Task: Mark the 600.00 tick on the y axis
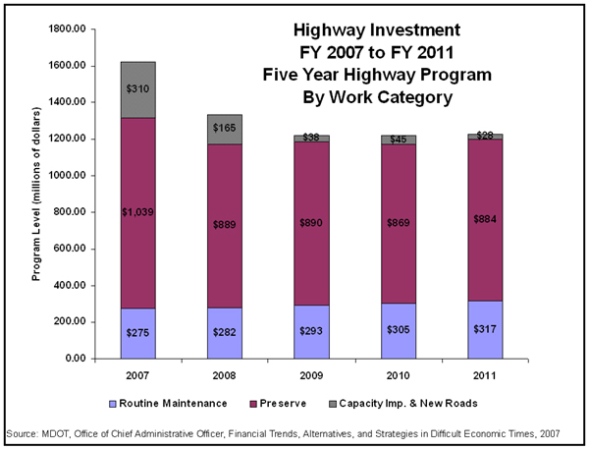pos(75,250)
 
